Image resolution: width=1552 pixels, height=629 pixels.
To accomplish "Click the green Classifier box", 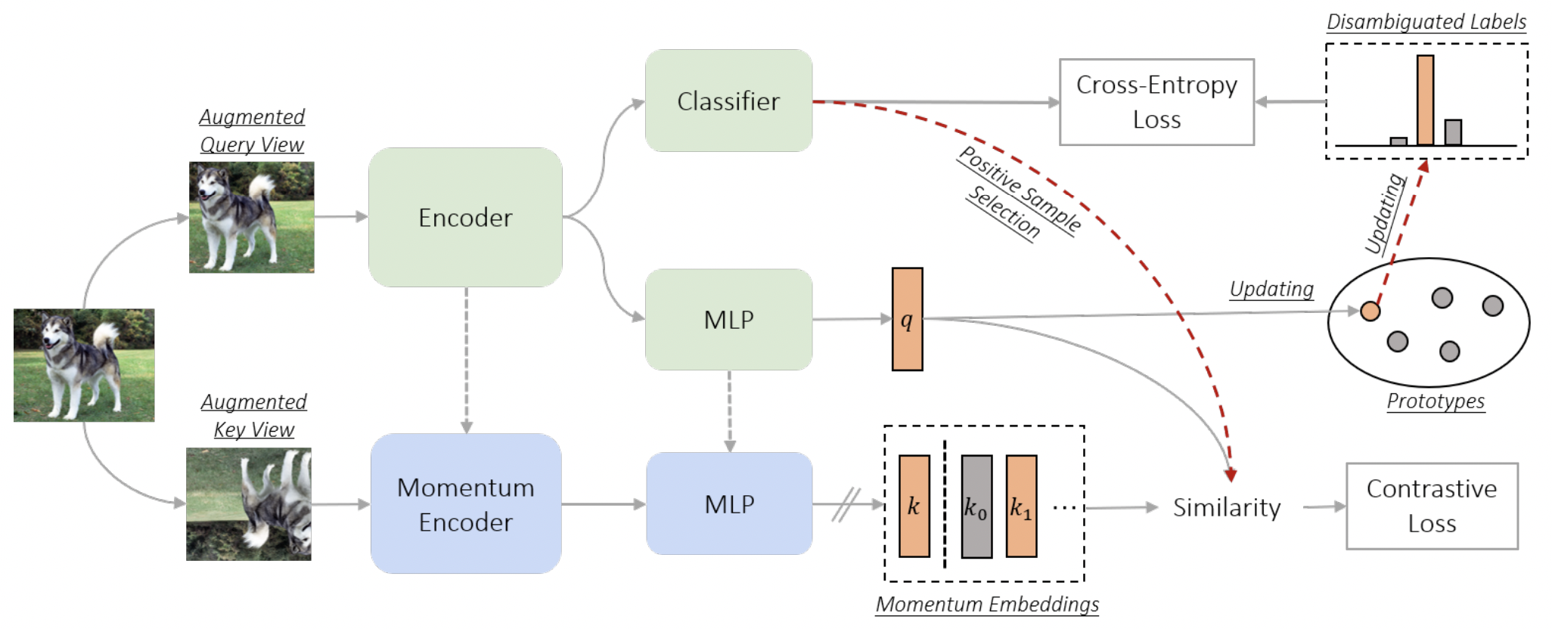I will click(728, 101).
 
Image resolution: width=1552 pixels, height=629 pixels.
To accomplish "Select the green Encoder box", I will click(465, 217).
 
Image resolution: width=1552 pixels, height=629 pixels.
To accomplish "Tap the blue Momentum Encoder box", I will click(466, 504).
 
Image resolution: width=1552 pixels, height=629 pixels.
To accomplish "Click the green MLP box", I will click(728, 319).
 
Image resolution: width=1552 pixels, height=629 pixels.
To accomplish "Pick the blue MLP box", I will click(729, 504).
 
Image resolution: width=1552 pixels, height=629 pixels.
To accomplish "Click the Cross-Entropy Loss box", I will click(1156, 102).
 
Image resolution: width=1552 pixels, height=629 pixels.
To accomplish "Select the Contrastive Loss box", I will click(1432, 506).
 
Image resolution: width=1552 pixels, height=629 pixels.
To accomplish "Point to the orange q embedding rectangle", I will click(907, 319).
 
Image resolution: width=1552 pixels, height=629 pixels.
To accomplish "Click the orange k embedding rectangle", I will click(914, 506).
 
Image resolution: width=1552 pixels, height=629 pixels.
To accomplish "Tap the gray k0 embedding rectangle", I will click(976, 506).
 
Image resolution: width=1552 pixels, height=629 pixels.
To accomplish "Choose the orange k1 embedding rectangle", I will click(1021, 506).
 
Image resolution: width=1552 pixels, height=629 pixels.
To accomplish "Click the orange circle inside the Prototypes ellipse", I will click(1370, 311).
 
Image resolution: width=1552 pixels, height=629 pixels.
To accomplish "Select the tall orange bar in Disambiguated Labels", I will click(1425, 100).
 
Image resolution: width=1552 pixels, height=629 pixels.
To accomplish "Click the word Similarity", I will click(1227, 507).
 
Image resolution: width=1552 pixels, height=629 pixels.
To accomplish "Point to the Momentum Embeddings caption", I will click(987, 604).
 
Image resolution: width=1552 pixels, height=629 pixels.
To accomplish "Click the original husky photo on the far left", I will click(84, 364).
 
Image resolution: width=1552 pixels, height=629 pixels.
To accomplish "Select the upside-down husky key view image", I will click(249, 504).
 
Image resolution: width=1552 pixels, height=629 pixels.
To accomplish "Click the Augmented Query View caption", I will click(252, 130).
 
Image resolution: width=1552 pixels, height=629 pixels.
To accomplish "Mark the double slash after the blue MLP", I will click(846, 504).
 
